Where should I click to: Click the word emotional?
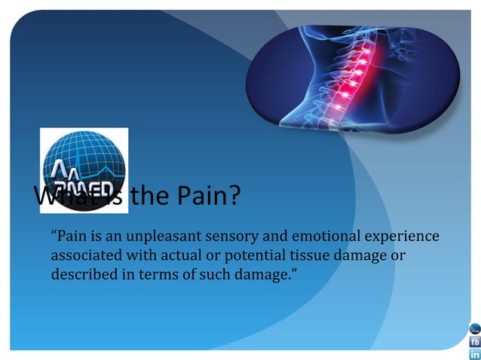[314, 236]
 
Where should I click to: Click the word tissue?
[313, 255]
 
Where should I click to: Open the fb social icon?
[475, 341]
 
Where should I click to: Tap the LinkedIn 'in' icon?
[475, 354]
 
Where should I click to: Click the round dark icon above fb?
[475, 328]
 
